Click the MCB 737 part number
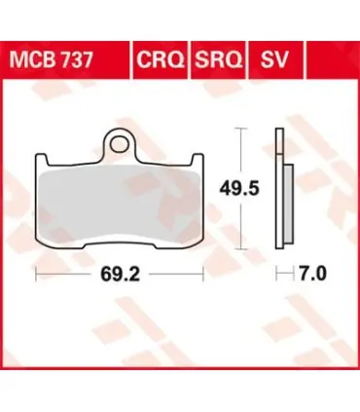pos(52,59)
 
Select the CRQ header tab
pos(161,60)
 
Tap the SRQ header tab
pos(218,60)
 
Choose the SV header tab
pos(274,60)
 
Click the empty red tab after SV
pos(333,60)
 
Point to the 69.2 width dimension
pos(120,275)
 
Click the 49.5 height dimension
pos(239,189)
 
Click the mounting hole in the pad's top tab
pos(119,144)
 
